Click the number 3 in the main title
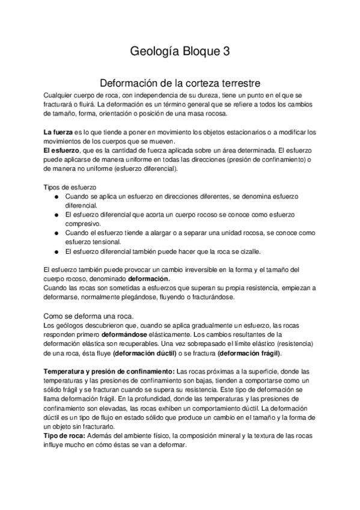click(226, 52)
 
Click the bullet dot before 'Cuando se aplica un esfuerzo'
click(56, 197)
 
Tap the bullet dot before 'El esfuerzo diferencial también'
click(56, 251)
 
